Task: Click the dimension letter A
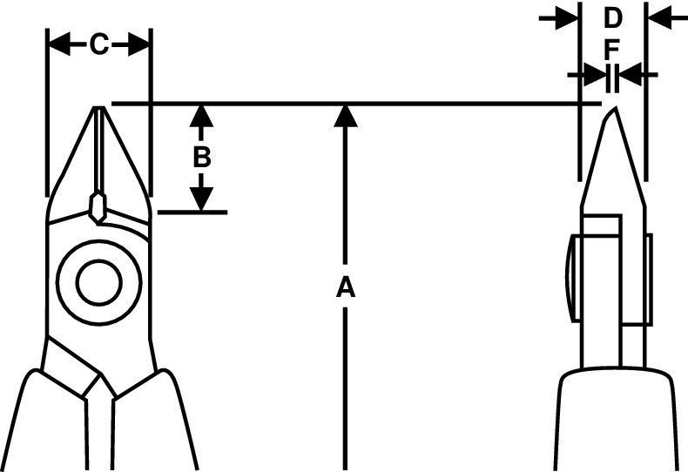[347, 287]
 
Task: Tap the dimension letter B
[201, 158]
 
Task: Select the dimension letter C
[99, 44]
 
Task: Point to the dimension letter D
[613, 17]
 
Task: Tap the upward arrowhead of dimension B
[201, 116]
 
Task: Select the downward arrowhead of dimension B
[201, 199]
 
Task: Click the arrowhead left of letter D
[569, 17]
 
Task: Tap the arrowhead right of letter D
[657, 17]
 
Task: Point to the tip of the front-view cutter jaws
[99, 110]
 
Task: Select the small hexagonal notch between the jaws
[98, 206]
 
